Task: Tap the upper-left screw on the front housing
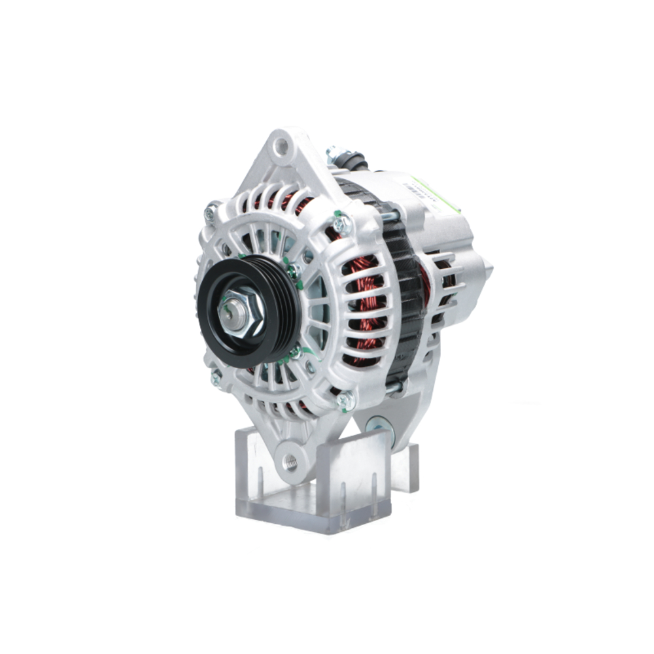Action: (x=210, y=213)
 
